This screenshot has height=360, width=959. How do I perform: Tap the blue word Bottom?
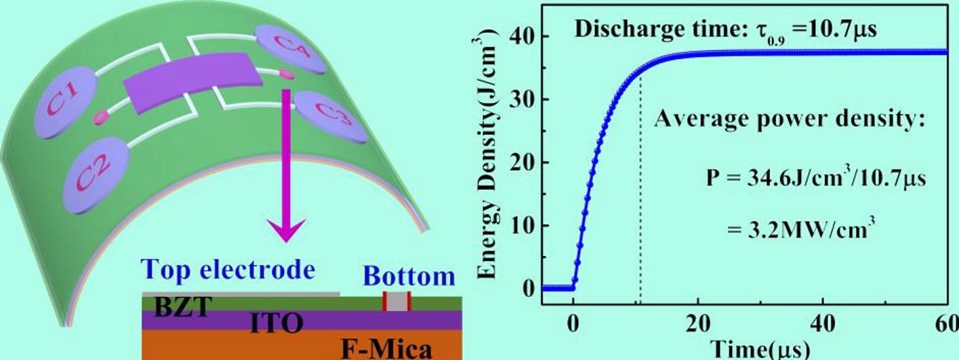click(409, 277)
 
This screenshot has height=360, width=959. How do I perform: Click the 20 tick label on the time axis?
click(699, 324)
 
